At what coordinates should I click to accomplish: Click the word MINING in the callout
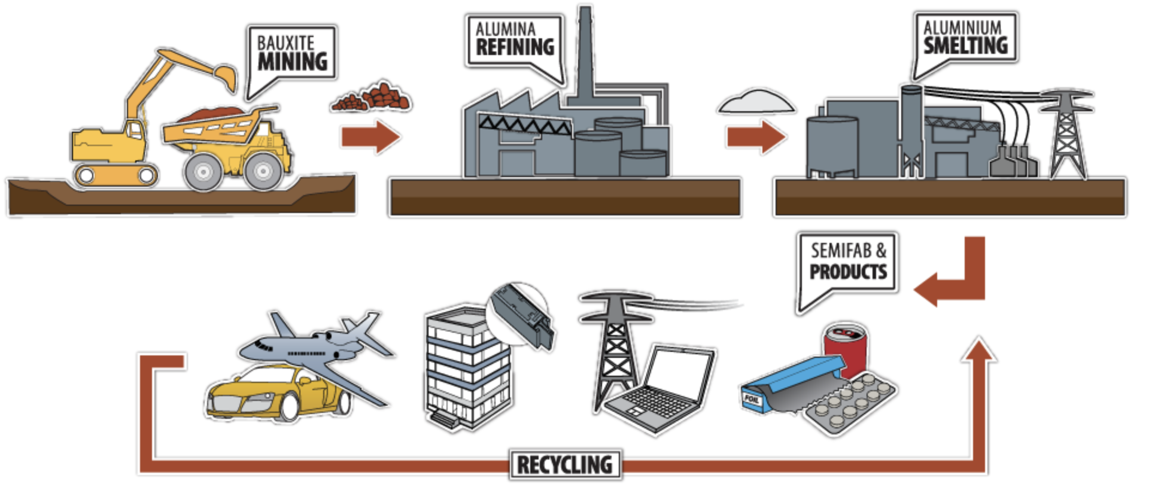pos(293,62)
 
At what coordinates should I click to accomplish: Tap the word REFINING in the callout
pos(515,47)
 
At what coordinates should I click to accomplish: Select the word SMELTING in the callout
pos(965,45)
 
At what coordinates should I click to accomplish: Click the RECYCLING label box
pos(565,465)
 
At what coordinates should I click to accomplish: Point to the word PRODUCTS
pos(848,272)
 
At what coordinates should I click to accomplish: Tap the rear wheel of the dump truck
pos(203,172)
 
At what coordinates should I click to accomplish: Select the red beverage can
pos(845,347)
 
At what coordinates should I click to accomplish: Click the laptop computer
pos(664,389)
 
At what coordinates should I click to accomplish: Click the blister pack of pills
pos(850,405)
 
